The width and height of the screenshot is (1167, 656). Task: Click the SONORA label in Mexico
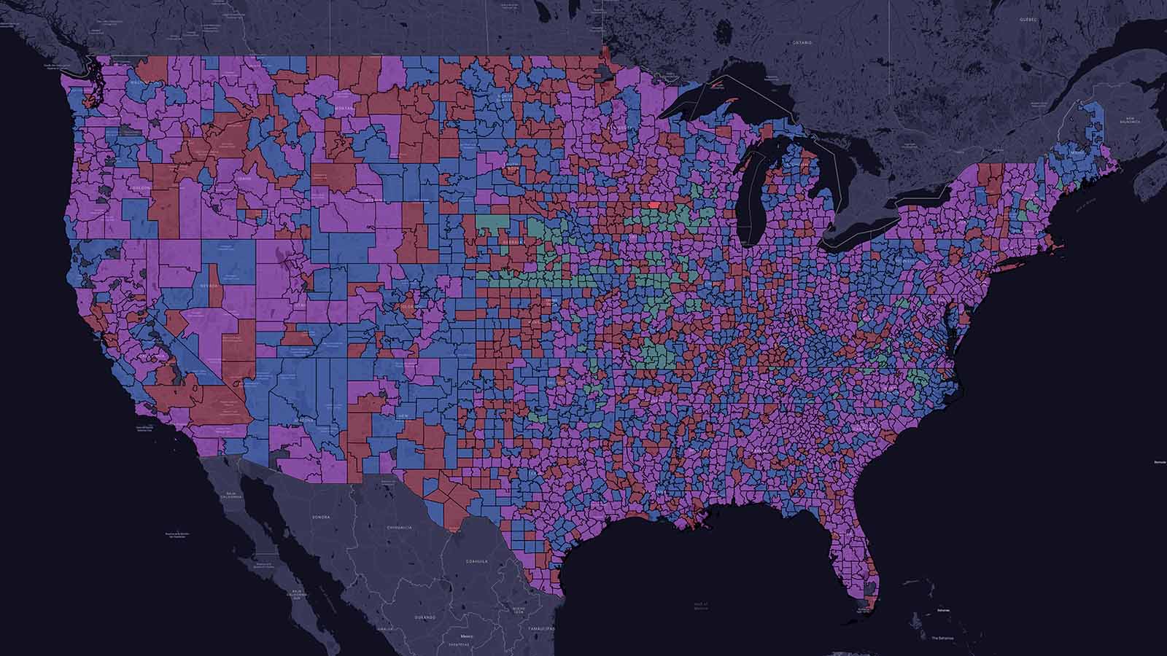pos(322,517)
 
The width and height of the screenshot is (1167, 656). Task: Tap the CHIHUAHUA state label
pos(400,527)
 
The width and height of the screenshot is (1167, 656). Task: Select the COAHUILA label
pos(477,561)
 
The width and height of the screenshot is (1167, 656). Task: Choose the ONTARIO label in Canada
pos(802,43)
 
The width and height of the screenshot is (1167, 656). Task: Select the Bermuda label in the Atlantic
pos(1160,462)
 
